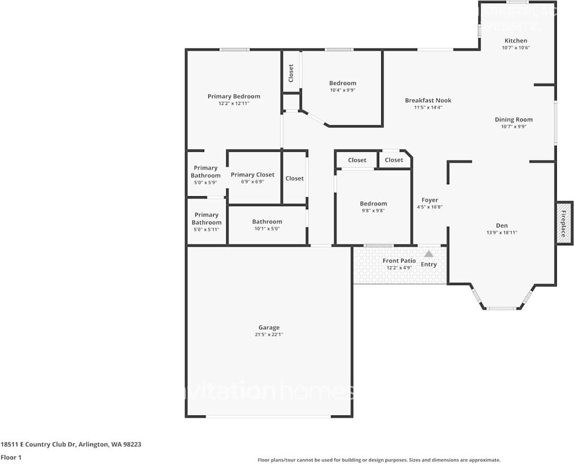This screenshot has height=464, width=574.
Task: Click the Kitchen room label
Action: (x=515, y=41)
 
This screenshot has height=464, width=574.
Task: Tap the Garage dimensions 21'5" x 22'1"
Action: (x=268, y=335)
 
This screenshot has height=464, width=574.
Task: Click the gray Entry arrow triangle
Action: (x=428, y=254)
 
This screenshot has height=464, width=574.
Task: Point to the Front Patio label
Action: (x=399, y=260)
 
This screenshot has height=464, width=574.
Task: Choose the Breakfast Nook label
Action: (x=428, y=100)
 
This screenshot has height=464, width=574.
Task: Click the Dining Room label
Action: (x=513, y=120)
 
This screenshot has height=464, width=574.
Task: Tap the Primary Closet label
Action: (x=252, y=175)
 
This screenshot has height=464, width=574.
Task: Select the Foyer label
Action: (x=429, y=200)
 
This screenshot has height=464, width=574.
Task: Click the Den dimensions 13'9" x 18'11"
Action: (x=501, y=233)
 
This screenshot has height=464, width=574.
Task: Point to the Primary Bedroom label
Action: (x=233, y=96)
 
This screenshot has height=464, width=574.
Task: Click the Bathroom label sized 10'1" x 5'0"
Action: (x=267, y=221)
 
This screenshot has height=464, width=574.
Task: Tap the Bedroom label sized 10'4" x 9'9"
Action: (x=342, y=83)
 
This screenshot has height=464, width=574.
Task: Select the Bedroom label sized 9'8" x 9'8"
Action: (x=373, y=204)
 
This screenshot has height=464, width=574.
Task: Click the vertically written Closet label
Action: (x=291, y=73)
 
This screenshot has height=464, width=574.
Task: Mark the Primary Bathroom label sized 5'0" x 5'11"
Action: (x=206, y=219)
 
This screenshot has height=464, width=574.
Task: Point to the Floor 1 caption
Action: (x=11, y=457)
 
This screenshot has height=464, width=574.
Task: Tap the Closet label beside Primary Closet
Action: (x=294, y=179)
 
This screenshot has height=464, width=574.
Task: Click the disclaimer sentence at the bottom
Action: (x=379, y=460)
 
